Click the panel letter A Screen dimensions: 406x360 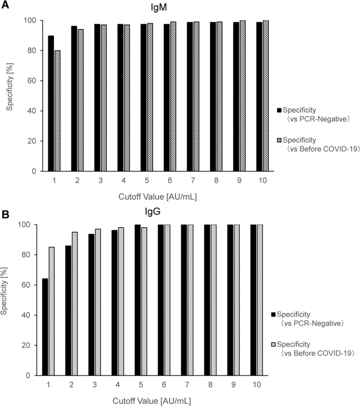coord(5,5)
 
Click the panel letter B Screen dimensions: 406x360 coord(5,215)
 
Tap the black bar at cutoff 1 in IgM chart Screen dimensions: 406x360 coord(52,104)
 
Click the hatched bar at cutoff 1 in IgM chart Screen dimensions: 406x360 coord(57,111)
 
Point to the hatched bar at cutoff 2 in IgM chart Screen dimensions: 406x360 coord(80,100)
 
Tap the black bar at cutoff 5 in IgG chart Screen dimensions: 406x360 coord(138,300)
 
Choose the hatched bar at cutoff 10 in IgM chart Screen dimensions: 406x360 coord(265,96)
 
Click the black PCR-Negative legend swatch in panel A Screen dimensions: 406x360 coord(280,110)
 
